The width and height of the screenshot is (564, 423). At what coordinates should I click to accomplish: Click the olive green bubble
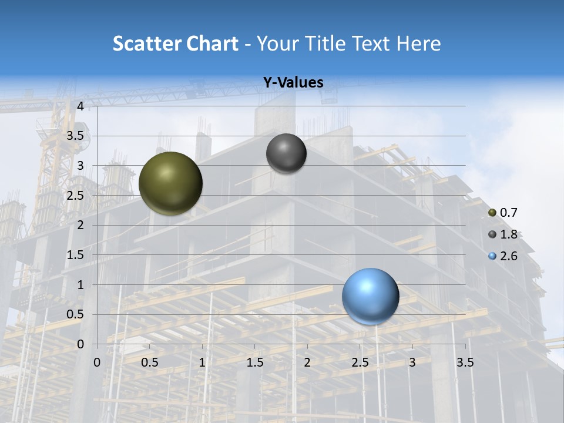(x=170, y=183)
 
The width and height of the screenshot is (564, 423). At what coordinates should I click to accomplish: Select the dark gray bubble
(x=286, y=153)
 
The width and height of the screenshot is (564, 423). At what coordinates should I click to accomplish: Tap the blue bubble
(x=370, y=296)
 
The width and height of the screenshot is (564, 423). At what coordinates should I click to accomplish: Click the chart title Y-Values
(x=293, y=83)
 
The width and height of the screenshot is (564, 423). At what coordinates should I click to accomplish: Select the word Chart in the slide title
(x=211, y=43)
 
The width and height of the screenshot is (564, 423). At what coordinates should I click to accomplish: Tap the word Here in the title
(x=419, y=43)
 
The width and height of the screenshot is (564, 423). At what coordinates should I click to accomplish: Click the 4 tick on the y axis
(x=80, y=106)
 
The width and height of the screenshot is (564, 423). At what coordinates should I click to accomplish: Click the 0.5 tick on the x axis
(x=150, y=362)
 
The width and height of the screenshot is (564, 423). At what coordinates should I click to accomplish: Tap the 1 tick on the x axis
(x=202, y=362)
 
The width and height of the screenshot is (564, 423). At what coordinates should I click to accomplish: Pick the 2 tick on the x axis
(x=307, y=362)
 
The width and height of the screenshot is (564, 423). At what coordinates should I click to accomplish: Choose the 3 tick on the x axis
(x=412, y=362)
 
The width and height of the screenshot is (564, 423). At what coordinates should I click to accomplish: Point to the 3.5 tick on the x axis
(x=465, y=362)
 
